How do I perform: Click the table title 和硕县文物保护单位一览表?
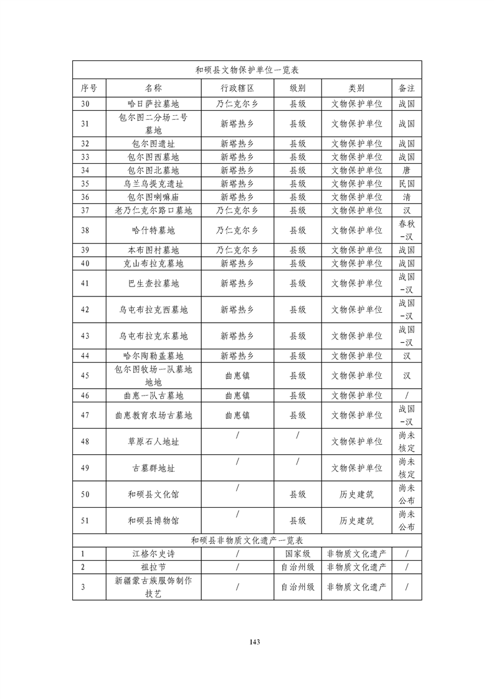pyautogui.click(x=247, y=70)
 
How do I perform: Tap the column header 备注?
pyautogui.click(x=406, y=88)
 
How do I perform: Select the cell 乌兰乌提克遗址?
pyautogui.click(x=153, y=184)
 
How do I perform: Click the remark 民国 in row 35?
pyautogui.click(x=406, y=184)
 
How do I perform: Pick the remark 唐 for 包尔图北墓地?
pyautogui.click(x=406, y=170)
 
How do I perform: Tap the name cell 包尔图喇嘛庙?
pyautogui.click(x=153, y=197)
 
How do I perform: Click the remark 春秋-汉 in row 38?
pyautogui.click(x=406, y=230)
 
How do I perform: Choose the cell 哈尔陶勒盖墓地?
pyautogui.click(x=153, y=356)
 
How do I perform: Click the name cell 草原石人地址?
pyautogui.click(x=153, y=441)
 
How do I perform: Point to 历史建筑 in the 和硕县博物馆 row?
pyautogui.click(x=356, y=520)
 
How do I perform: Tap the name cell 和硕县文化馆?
pyautogui.click(x=153, y=495)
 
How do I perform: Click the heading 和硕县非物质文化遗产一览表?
pyautogui.click(x=247, y=540)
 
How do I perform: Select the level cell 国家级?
pyautogui.click(x=297, y=553)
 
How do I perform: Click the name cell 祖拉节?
pyautogui.click(x=153, y=567)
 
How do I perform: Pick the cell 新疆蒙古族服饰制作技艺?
pyautogui.click(x=153, y=587)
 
